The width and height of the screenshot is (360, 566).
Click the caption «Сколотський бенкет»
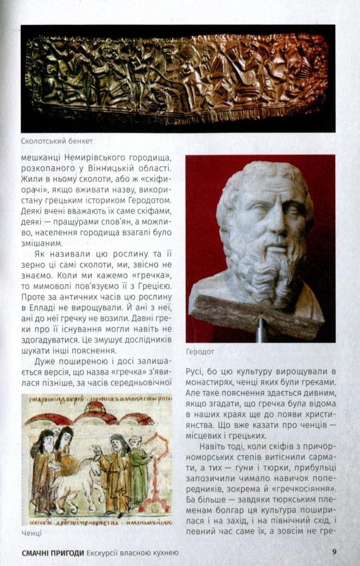click(x=57, y=141)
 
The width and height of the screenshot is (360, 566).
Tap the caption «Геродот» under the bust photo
click(x=200, y=351)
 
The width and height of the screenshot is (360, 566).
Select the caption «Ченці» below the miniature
click(x=32, y=533)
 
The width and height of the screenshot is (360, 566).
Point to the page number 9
click(x=335, y=551)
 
